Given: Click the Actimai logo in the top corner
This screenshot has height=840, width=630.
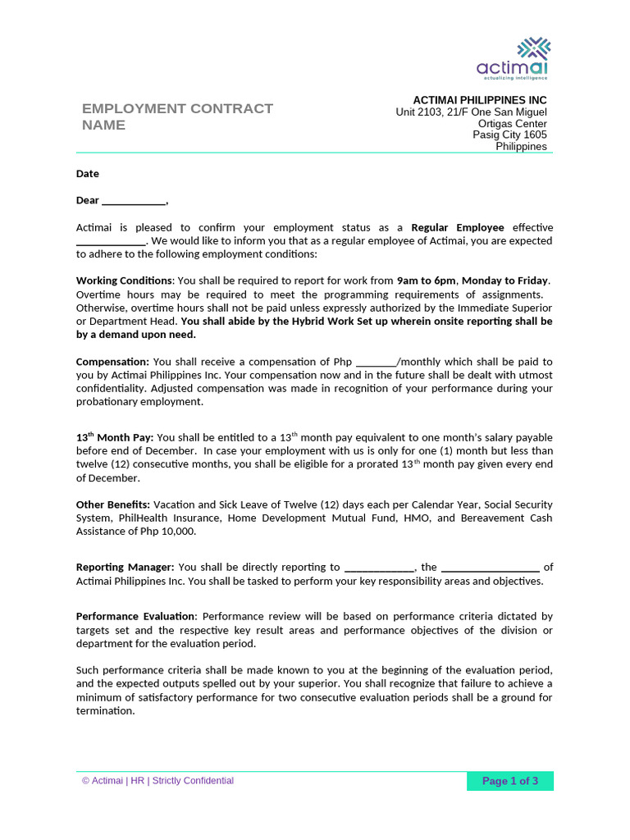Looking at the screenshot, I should click(x=514, y=58).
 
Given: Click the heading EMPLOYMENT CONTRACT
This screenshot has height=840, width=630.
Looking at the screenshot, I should click(x=177, y=108).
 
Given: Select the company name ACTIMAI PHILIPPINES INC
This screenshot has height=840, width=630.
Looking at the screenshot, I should click(x=479, y=100).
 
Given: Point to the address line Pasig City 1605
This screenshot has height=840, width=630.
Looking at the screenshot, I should click(x=509, y=135).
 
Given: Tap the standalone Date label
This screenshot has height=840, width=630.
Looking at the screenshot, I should click(x=88, y=174).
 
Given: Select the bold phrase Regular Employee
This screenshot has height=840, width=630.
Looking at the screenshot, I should click(x=458, y=227).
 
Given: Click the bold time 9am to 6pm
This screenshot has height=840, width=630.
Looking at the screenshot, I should click(x=426, y=281).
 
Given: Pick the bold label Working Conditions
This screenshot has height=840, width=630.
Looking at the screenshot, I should click(x=124, y=281).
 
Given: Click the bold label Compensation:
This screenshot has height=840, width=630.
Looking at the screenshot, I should click(x=112, y=362).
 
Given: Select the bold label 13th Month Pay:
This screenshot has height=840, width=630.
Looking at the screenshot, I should click(x=115, y=438).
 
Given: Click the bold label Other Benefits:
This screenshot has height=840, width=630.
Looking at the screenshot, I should click(x=113, y=504).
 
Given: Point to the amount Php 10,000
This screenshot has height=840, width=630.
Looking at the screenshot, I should click(x=168, y=532).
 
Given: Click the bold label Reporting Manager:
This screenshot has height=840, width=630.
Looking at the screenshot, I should click(x=125, y=567).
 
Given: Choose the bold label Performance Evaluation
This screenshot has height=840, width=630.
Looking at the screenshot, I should click(x=136, y=616).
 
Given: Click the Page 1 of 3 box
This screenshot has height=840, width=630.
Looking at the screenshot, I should click(x=509, y=781).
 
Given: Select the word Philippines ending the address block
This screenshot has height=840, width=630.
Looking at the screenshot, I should click(x=521, y=147).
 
